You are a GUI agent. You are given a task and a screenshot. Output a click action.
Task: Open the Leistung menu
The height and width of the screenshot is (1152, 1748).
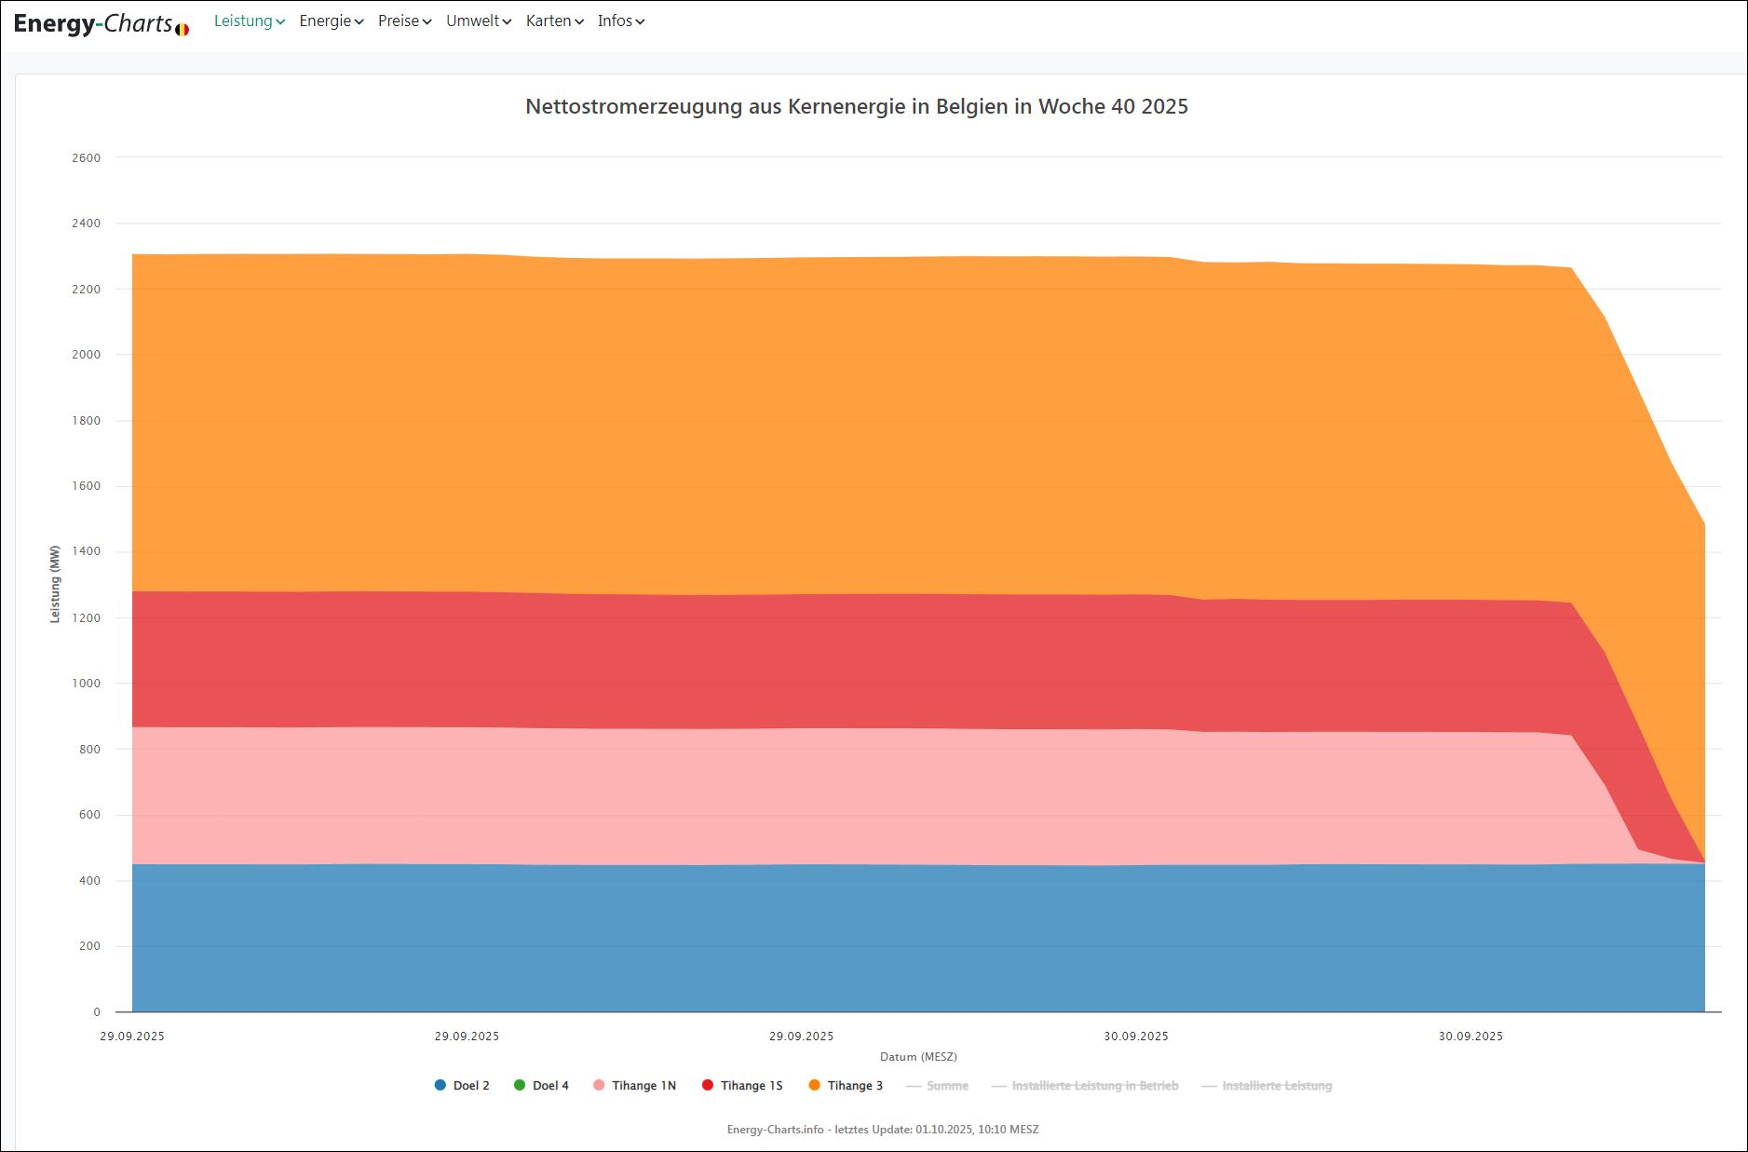pyautogui.click(x=249, y=20)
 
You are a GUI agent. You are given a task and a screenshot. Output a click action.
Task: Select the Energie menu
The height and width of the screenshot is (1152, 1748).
pyautogui.click(x=331, y=20)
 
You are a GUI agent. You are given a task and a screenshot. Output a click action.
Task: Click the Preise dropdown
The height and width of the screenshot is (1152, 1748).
pyautogui.click(x=404, y=20)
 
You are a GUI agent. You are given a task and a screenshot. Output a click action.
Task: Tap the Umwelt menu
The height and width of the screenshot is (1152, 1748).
pyautogui.click(x=478, y=20)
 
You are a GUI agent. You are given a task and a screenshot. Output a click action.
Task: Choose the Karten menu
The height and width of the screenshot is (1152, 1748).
pyautogui.click(x=554, y=20)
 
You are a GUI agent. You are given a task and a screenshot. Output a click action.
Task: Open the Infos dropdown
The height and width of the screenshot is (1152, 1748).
pyautogui.click(x=620, y=20)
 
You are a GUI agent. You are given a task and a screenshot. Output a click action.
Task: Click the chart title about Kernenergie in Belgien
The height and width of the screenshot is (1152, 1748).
pyautogui.click(x=856, y=106)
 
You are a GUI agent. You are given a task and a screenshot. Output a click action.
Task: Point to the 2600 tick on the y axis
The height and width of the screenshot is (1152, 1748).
pyautogui.click(x=86, y=158)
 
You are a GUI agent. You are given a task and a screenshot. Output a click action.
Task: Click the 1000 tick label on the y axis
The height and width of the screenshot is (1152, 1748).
pyautogui.click(x=86, y=684)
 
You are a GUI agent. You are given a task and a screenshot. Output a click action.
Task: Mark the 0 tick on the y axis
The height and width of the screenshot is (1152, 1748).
pyautogui.click(x=97, y=1012)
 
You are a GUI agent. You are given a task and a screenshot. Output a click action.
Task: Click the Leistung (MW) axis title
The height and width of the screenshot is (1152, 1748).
pyautogui.click(x=55, y=584)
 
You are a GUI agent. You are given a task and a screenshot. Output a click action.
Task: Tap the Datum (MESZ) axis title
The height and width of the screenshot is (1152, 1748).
pyautogui.click(x=918, y=1057)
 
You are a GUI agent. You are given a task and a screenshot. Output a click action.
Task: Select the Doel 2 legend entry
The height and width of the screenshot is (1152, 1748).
pyautogui.click(x=462, y=1086)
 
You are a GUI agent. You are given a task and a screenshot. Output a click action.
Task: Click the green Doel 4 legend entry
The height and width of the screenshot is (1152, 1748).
pyautogui.click(x=541, y=1086)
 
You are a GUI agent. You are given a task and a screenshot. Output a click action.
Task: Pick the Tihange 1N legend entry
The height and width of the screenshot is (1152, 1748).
pyautogui.click(x=634, y=1086)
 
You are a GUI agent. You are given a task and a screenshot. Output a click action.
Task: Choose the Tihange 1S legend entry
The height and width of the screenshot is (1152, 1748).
pyautogui.click(x=742, y=1086)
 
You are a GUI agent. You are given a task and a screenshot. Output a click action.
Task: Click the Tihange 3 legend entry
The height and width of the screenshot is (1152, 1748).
pyautogui.click(x=846, y=1086)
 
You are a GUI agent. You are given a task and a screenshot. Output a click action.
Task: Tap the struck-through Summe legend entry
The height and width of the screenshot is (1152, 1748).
pyautogui.click(x=938, y=1086)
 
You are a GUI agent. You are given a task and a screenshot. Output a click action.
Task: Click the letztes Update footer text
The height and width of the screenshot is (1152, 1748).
pyautogui.click(x=883, y=1130)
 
